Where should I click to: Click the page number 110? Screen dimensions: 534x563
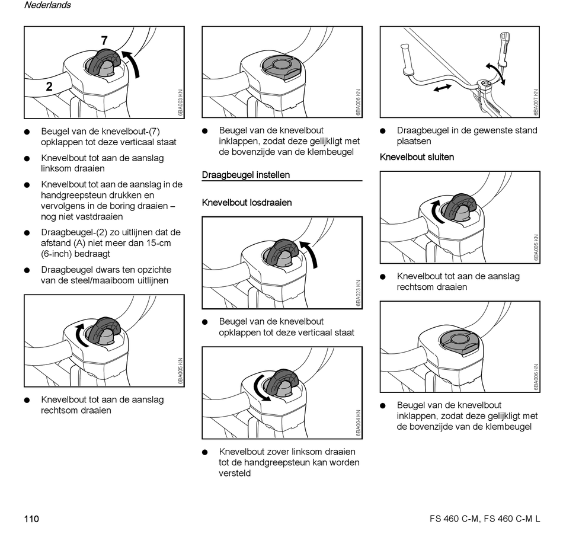click(31, 519)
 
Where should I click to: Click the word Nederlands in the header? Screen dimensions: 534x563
click(47, 5)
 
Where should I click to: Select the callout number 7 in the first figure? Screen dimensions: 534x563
click(104, 41)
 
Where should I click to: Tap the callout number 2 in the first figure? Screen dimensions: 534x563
click(49, 87)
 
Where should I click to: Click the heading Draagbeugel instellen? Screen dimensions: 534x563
click(246, 175)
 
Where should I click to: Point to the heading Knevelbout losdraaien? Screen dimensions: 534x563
click(247, 203)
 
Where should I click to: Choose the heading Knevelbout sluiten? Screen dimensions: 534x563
click(417, 157)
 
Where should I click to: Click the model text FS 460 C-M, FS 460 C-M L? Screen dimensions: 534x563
click(485, 519)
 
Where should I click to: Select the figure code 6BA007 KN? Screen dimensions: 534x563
click(536, 103)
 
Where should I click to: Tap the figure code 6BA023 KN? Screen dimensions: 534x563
click(358, 293)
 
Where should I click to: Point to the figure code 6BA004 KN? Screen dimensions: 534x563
click(358, 423)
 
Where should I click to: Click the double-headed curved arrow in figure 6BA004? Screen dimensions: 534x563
click(258, 388)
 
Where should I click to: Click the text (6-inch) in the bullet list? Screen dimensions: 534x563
click(59, 254)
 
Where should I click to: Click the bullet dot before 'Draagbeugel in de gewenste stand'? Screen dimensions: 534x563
click(383, 131)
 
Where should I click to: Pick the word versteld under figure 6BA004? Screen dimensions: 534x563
click(235, 473)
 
